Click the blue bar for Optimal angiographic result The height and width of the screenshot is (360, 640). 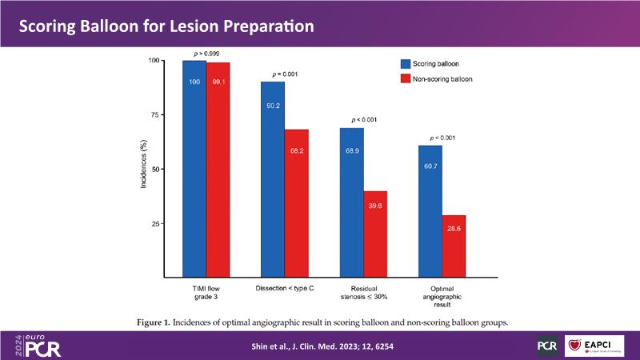click(430, 212)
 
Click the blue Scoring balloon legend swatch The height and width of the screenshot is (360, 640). click(405, 62)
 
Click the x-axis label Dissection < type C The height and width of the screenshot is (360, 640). click(284, 286)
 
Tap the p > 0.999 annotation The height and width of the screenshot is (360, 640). click(206, 53)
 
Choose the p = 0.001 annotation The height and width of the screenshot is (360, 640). click(284, 74)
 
